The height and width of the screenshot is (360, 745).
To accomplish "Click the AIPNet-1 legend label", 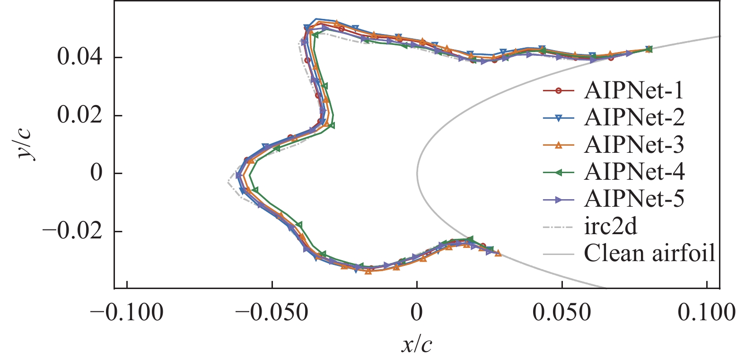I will tap(634, 90).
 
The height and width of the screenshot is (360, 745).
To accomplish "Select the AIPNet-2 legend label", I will tap(634, 117).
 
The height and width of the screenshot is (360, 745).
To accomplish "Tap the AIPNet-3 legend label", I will tap(634, 145).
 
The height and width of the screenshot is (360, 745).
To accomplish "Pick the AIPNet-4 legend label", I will tap(634, 172).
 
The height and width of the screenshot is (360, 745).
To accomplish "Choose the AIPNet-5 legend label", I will tap(634, 199).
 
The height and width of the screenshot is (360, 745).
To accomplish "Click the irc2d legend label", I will tap(610, 227).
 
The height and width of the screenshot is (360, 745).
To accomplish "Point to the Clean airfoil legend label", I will tap(649, 254).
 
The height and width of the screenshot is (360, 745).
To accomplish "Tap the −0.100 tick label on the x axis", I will tap(127, 313).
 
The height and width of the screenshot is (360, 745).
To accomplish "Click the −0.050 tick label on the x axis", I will tap(272, 313).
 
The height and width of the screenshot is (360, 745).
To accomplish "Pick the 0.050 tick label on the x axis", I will tap(562, 313).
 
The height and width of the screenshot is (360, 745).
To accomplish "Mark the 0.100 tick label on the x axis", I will tap(707, 313).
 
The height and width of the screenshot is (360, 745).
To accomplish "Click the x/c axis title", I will tap(417, 345).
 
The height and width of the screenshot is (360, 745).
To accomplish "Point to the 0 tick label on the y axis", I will tap(96, 174).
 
